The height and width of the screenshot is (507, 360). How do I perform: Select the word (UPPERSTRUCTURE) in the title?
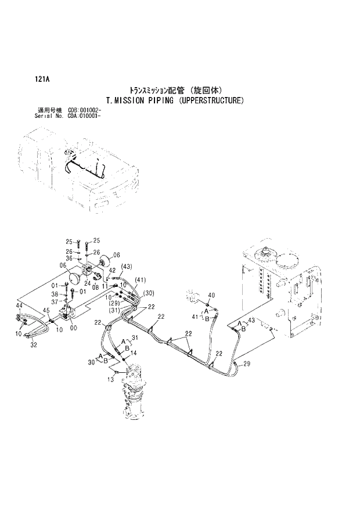[211, 100]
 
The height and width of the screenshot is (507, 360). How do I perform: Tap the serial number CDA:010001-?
[84, 115]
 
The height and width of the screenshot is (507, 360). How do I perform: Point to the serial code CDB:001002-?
[85, 110]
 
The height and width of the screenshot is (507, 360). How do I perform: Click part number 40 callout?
[211, 296]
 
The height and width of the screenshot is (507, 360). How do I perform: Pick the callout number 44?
[19, 305]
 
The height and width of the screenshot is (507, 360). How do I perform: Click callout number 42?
[113, 271]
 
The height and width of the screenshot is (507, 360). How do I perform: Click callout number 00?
[73, 328]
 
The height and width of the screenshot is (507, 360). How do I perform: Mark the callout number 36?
[69, 259]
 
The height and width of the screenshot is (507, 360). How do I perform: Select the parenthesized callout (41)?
[139, 281]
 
